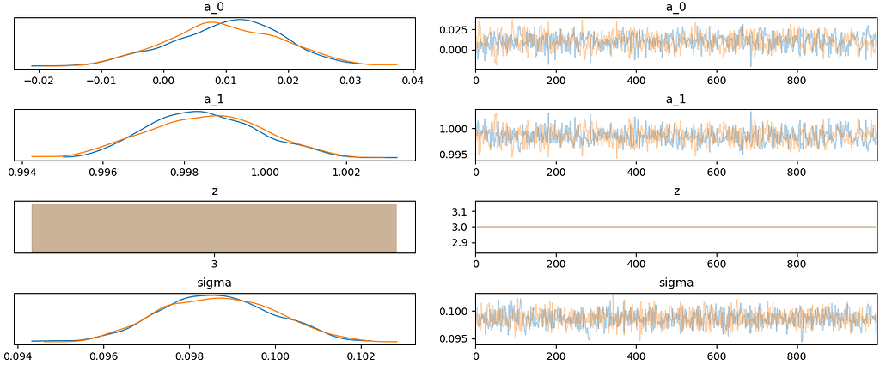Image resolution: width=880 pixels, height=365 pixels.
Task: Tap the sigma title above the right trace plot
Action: click(676, 282)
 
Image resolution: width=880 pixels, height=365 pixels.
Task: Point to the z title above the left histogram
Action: click(214, 190)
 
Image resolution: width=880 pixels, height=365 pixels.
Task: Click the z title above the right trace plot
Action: click(676, 190)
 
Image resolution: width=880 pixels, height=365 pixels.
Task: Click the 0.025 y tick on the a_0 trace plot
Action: click(454, 29)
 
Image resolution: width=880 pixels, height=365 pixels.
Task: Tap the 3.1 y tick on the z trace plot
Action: click(460, 211)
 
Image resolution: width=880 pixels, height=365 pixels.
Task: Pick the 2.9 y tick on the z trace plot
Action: click(460, 243)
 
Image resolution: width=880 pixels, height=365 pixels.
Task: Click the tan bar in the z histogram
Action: click(214, 228)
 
